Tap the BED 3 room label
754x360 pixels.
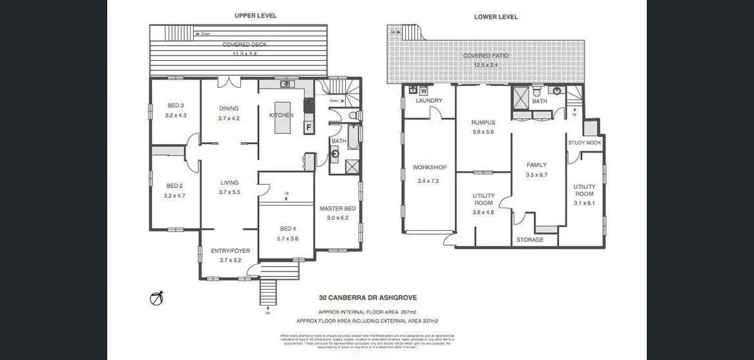[x=175, y=105]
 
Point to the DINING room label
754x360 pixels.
[x=229, y=109]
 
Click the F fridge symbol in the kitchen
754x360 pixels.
[x=309, y=127]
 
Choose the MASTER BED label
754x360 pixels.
[x=338, y=208]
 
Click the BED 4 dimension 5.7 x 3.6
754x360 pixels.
[x=288, y=238]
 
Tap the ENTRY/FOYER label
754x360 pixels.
[x=230, y=251]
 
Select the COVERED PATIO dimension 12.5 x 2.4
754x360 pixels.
[x=486, y=65]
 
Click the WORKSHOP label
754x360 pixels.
[x=430, y=167]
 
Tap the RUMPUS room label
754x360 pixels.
[x=483, y=122]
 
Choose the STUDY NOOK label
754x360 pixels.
[x=585, y=143]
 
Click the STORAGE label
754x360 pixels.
[x=530, y=240]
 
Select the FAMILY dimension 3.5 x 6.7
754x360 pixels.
[x=536, y=175]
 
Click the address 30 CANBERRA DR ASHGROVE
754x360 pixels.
[x=368, y=298]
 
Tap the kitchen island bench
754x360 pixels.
[x=282, y=117]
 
